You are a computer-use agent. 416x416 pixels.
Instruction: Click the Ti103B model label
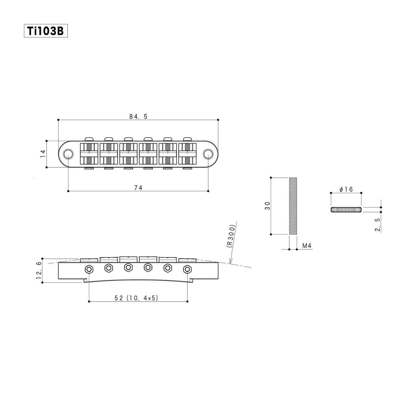pyautogui.click(x=45, y=31)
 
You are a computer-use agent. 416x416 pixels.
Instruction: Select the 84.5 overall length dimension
pyautogui.click(x=138, y=117)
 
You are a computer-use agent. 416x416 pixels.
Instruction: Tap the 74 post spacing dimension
pyautogui.click(x=138, y=188)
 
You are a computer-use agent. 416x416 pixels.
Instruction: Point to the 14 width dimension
pyautogui.click(x=43, y=153)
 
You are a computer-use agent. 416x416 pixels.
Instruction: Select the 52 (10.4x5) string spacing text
pyautogui.click(x=136, y=298)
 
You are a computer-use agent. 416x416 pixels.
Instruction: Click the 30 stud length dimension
pyautogui.click(x=267, y=206)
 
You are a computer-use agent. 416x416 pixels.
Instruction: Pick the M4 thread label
pyautogui.click(x=307, y=246)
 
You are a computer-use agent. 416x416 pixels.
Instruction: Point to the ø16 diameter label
pyautogui.click(x=346, y=189)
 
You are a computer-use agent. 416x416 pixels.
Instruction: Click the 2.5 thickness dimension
pyautogui.click(x=377, y=225)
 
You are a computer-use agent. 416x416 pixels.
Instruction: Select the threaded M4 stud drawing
pyautogui.click(x=293, y=206)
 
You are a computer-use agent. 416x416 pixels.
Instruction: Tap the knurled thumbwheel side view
pyautogui.click(x=346, y=210)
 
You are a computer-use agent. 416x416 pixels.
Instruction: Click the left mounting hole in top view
pyautogui.click(x=69, y=154)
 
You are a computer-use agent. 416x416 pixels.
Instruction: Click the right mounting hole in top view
pyautogui.click(x=208, y=154)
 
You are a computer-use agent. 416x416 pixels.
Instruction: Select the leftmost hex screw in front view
pyautogui.click(x=89, y=269)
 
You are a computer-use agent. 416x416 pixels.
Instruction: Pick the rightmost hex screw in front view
pyautogui.click(x=187, y=269)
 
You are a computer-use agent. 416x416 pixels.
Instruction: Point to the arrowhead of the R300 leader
pyautogui.click(x=230, y=263)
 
